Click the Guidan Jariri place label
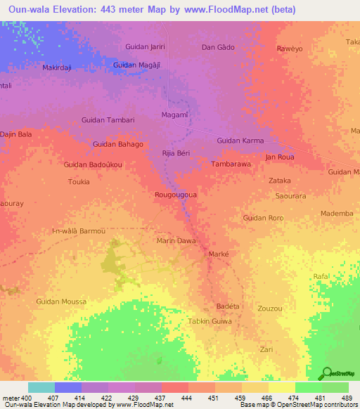point(144,46)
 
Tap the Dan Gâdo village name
point(218,47)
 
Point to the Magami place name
point(174,115)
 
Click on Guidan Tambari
point(108,120)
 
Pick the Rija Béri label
point(176,152)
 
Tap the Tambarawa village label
point(231,164)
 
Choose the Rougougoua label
point(175,195)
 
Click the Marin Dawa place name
point(176,240)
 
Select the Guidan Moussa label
point(61,301)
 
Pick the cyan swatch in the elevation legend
point(41,387)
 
